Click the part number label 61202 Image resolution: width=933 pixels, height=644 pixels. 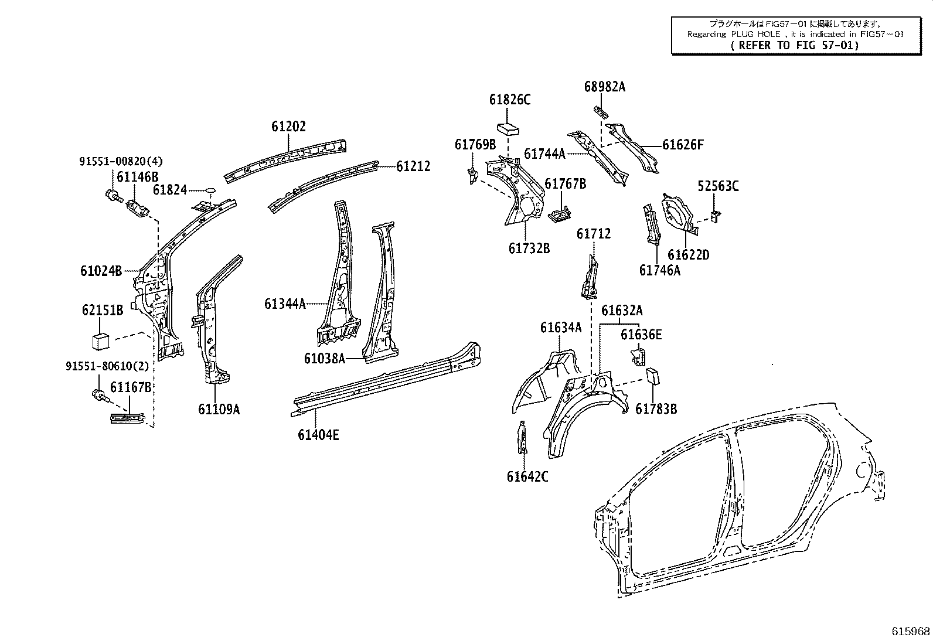click(x=288, y=127)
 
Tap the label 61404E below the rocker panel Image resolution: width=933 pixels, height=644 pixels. click(x=318, y=435)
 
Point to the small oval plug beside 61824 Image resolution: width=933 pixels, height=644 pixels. click(x=209, y=190)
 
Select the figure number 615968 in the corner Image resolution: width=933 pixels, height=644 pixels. click(x=911, y=631)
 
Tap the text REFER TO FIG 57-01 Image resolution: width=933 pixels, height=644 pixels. click(x=795, y=45)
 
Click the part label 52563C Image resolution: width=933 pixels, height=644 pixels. click(x=718, y=186)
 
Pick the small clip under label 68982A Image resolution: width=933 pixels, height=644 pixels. click(x=601, y=110)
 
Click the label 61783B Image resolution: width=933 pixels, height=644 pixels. click(x=656, y=409)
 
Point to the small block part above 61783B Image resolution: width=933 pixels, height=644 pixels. click(x=653, y=376)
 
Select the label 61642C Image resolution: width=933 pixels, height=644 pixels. click(x=527, y=476)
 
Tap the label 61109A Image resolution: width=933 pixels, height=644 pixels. click(x=219, y=409)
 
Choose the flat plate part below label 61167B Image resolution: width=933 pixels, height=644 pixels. click(x=128, y=418)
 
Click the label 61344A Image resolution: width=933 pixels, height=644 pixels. click(x=285, y=304)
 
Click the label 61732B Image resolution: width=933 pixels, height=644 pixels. click(x=529, y=248)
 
